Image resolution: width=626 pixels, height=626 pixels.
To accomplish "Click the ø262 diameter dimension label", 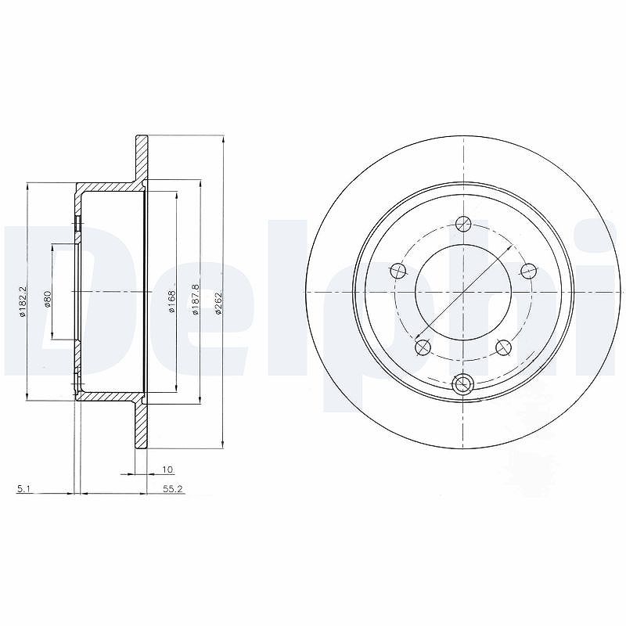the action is click(x=218, y=304).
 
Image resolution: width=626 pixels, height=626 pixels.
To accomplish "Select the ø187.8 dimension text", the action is click(x=195, y=300).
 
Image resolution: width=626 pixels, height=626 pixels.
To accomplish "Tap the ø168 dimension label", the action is click(x=172, y=302).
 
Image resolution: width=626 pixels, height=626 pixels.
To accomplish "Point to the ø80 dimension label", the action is click(x=47, y=299).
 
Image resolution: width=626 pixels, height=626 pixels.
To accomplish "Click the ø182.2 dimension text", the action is click(x=23, y=302).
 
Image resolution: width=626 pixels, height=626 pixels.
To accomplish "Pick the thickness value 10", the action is click(x=168, y=469).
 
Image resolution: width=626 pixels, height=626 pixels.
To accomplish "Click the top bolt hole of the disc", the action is click(x=463, y=224).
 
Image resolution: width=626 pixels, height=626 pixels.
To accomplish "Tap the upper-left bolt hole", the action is click(x=398, y=272).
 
